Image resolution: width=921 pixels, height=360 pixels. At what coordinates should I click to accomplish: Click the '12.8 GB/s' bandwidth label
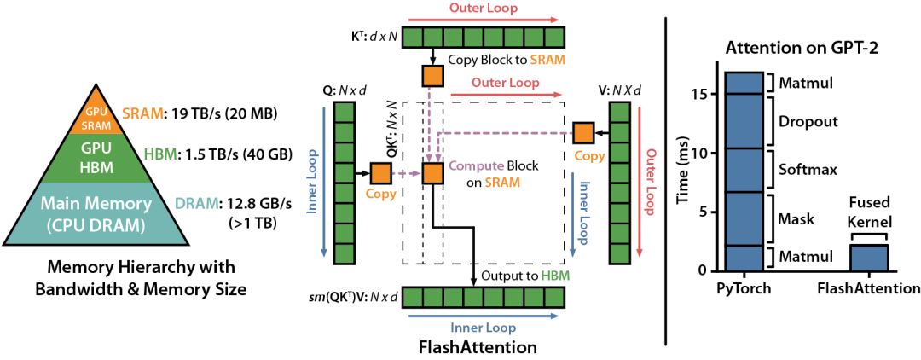(x=257, y=204)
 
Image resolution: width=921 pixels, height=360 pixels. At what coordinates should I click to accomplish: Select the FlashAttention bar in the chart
(x=868, y=258)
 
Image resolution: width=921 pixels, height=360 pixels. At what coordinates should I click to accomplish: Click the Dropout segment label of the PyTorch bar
(x=808, y=122)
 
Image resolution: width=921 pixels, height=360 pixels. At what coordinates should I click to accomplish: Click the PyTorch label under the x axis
(x=744, y=288)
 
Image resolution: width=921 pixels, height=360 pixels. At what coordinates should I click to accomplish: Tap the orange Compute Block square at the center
(x=432, y=173)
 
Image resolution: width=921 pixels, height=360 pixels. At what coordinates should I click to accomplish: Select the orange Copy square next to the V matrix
(x=583, y=132)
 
